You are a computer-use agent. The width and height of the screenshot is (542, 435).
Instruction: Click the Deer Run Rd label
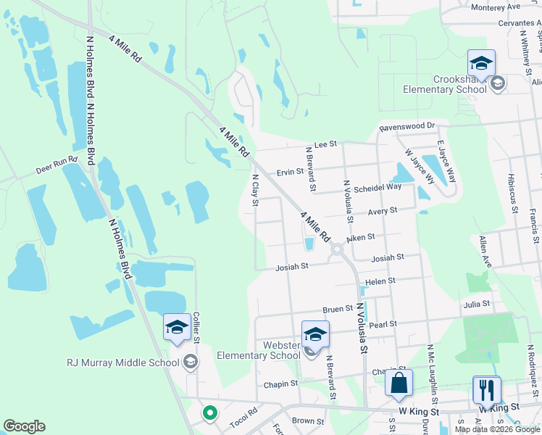pyautogui.click(x=57, y=171)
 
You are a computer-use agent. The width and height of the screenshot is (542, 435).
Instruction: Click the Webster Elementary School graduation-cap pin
pyautogui.click(x=314, y=336)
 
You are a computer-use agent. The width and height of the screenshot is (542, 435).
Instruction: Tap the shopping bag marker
pyautogui.click(x=399, y=384)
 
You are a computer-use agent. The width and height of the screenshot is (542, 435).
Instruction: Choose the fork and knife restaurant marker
pyautogui.click(x=486, y=390)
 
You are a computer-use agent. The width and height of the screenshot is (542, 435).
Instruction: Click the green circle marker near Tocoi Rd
pyautogui.click(x=209, y=414)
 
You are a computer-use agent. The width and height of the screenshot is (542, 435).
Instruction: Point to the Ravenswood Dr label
pyautogui.click(x=406, y=127)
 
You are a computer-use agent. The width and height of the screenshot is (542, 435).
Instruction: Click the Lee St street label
pyautogui.click(x=325, y=145)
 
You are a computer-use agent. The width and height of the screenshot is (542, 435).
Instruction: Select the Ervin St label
pyautogui.click(x=290, y=172)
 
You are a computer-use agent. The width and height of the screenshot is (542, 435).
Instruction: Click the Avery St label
pyautogui.click(x=383, y=210)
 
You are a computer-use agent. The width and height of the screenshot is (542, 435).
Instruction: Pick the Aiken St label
pyautogui.click(x=360, y=237)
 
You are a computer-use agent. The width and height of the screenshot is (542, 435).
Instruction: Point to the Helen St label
pyautogui.click(x=380, y=281)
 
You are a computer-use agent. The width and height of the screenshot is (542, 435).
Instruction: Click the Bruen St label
pyautogui.click(x=337, y=309)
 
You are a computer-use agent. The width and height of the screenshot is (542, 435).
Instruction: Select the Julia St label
pyautogui.click(x=477, y=304)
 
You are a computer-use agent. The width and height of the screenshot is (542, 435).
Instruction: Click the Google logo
pyautogui.click(x=24, y=426)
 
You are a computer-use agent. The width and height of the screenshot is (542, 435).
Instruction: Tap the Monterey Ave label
pyautogui.click(x=496, y=7)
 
